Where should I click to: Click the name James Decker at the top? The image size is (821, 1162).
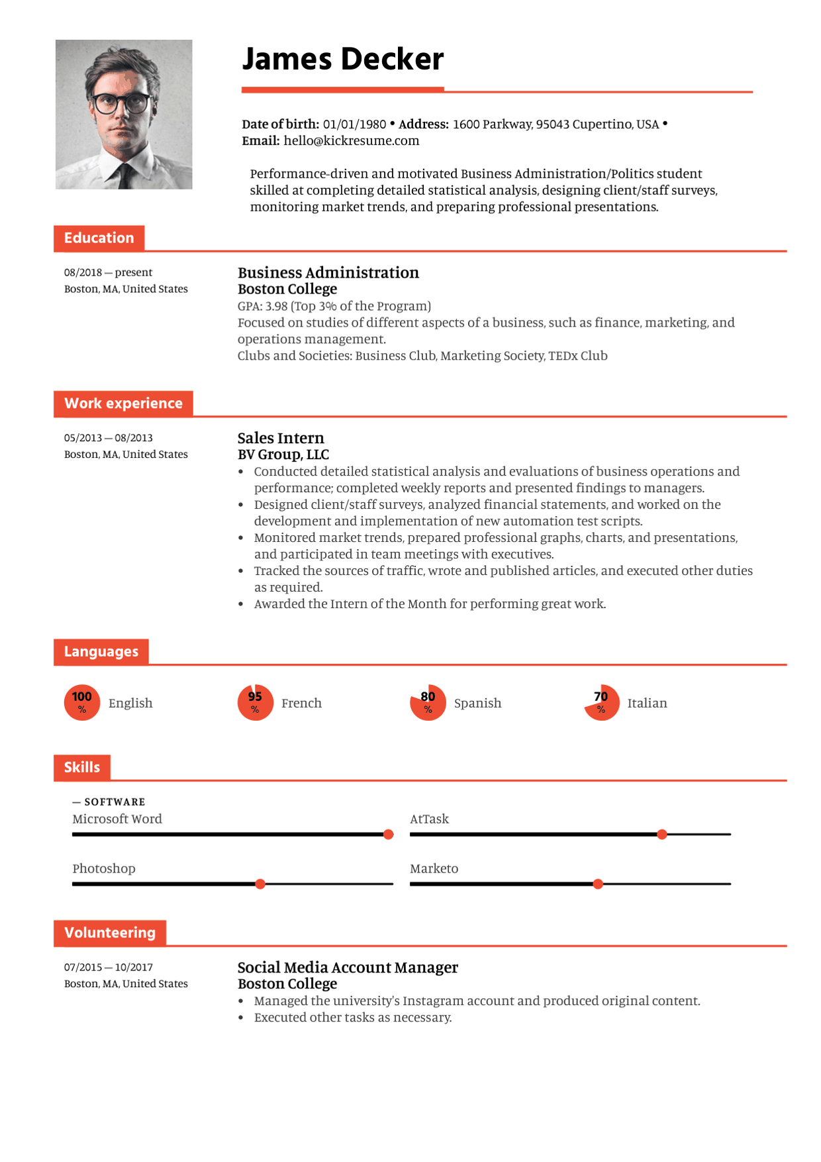point(342,60)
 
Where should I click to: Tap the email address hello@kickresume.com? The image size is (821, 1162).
point(351,141)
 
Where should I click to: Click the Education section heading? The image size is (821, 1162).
point(99,238)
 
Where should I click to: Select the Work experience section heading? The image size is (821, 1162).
point(123,403)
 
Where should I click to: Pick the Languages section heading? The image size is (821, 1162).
point(101,652)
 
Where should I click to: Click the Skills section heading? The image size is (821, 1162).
point(82,768)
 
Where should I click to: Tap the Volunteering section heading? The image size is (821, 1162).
point(110,933)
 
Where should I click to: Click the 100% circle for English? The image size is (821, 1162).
point(82,702)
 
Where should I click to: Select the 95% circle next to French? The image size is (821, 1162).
point(255,702)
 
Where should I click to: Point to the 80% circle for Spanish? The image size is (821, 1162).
point(428,702)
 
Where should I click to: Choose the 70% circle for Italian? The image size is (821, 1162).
point(601,702)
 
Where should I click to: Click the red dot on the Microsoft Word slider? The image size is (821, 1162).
point(389,835)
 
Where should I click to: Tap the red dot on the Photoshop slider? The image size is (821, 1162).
point(260,884)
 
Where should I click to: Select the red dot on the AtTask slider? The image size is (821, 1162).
point(662,835)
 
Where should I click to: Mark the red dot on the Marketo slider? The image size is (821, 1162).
point(598,884)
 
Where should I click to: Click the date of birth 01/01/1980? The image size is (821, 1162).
point(354,125)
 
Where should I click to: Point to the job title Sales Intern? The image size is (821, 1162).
point(281,439)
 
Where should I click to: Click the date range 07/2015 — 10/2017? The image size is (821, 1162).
point(109,968)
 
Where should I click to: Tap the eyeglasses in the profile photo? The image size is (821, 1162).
point(121,103)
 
